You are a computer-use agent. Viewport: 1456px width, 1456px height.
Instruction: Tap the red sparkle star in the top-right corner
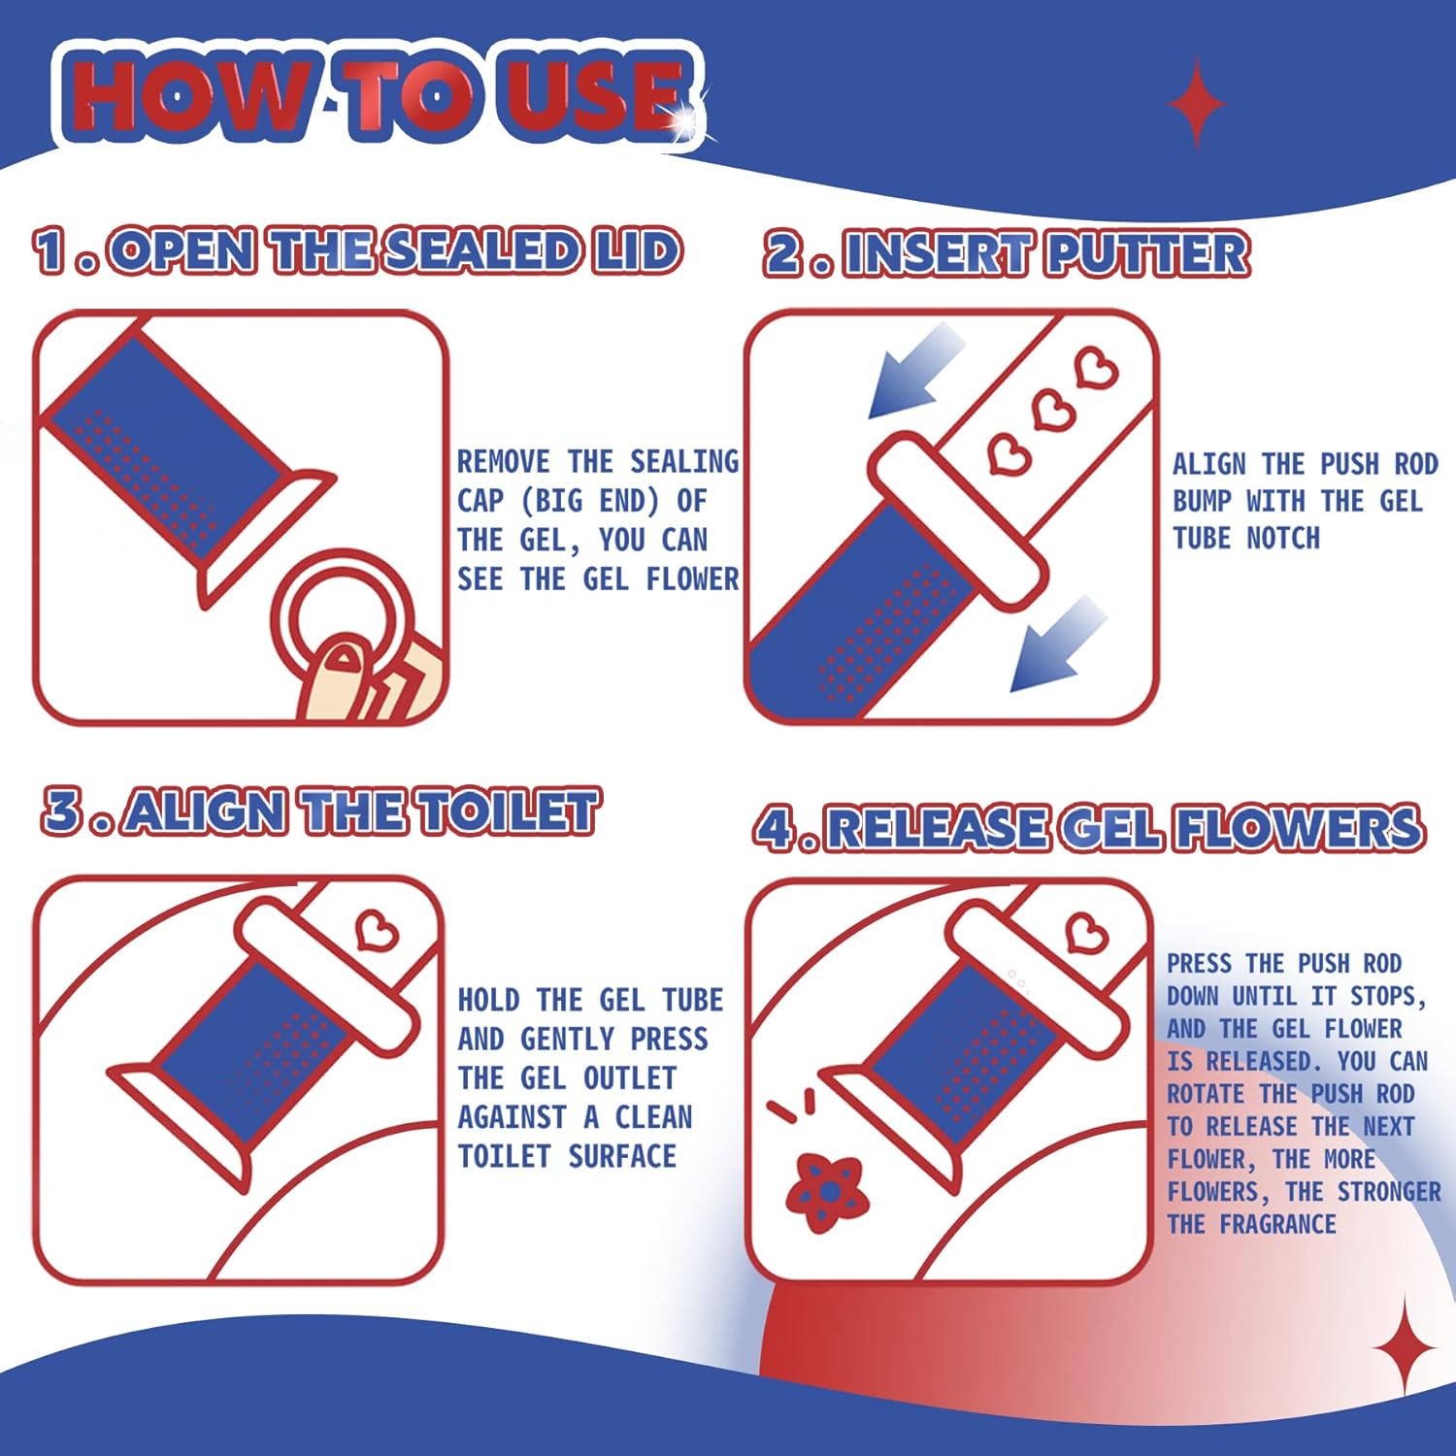point(1197,103)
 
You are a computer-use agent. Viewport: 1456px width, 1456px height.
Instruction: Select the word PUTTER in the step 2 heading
point(1147,254)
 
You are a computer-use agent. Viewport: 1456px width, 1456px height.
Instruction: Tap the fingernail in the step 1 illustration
point(341,660)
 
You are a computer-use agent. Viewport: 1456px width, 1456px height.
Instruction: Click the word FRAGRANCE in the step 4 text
point(1277,1224)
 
